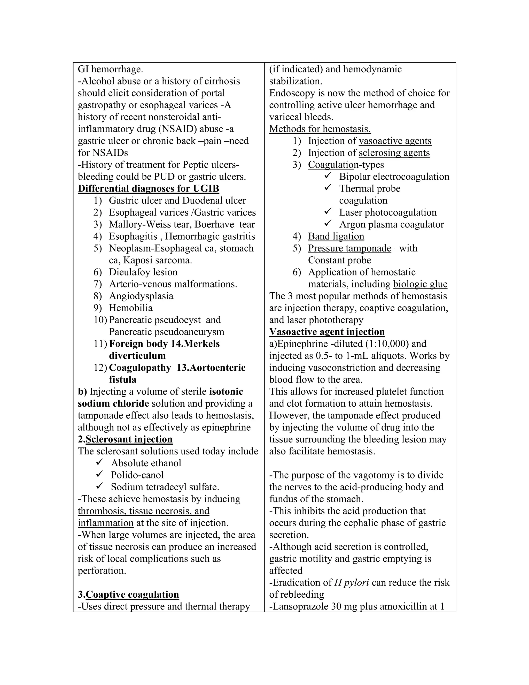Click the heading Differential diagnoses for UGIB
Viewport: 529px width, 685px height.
pos(148,188)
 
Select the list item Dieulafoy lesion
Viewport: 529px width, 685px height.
pos(143,272)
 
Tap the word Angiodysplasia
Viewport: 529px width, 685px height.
pos(141,296)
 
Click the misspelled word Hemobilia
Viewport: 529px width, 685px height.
pos(131,308)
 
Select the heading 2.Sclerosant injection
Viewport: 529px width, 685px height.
pos(125,439)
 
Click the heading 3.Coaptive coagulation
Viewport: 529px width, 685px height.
pos(128,594)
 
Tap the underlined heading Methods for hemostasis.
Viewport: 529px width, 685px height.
pos(320,129)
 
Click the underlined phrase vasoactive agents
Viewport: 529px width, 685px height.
pos(395,141)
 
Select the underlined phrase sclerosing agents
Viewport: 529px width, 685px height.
pos(394,153)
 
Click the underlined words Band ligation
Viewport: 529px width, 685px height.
pos(336,236)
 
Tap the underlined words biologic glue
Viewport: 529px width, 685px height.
pos(420,284)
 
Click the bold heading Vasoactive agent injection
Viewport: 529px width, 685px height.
pos(327,332)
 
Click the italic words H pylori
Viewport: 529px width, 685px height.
pos(351,582)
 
